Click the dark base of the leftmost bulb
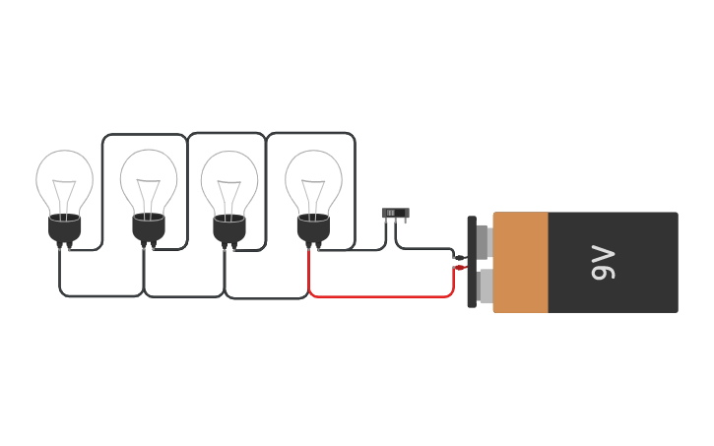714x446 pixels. (65, 228)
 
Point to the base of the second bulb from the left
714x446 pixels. (149, 228)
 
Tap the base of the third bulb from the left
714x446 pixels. (229, 228)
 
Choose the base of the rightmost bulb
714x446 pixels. (314, 228)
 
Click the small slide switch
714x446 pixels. (395, 213)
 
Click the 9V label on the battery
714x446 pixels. (603, 263)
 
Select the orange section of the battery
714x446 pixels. (520, 263)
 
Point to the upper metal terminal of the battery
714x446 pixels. (484, 240)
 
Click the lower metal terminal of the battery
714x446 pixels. (485, 287)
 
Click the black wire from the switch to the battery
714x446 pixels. (428, 249)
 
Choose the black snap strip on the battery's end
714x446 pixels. (472, 262)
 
